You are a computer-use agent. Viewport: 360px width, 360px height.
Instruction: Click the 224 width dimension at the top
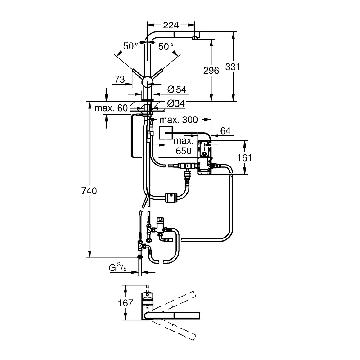click(171, 25)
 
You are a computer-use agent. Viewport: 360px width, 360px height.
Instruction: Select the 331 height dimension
click(233, 67)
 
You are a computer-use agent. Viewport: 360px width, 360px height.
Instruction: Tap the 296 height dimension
click(211, 71)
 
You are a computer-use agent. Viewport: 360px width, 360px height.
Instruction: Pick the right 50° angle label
click(166, 47)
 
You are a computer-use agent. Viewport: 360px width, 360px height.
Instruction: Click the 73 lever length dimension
click(120, 80)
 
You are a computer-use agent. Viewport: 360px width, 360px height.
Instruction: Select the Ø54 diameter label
click(177, 89)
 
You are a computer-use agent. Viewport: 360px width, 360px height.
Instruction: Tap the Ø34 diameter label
click(176, 103)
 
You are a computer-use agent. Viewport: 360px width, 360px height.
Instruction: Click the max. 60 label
click(111, 108)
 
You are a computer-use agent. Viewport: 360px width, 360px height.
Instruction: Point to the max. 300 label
click(178, 120)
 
